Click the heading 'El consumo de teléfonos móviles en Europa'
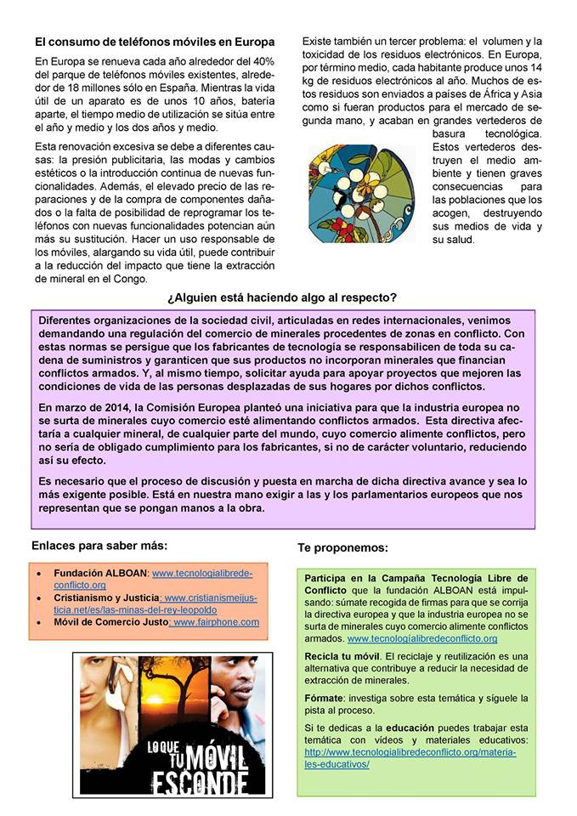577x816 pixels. click(155, 42)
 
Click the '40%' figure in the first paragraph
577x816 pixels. click(259, 61)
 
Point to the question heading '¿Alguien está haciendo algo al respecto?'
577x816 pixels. click(282, 297)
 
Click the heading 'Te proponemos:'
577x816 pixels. click(342, 548)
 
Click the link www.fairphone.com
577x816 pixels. click(216, 622)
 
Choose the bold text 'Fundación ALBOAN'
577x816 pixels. click(101, 573)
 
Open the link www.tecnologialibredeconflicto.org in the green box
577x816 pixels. click(422, 638)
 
